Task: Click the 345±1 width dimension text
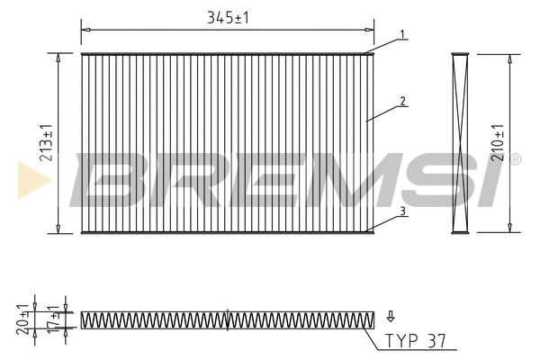pyautogui.click(x=228, y=18)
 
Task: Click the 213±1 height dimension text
pyautogui.click(x=46, y=142)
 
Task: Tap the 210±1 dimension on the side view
pyautogui.click(x=498, y=142)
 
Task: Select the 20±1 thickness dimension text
pyautogui.click(x=22, y=319)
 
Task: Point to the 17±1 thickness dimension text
pyautogui.click(x=53, y=319)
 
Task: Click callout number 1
pyautogui.click(x=402, y=34)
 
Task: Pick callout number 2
pyautogui.click(x=402, y=101)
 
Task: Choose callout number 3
pyautogui.click(x=402, y=211)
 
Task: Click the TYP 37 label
pyautogui.click(x=415, y=341)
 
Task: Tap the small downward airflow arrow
pyautogui.click(x=391, y=316)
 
